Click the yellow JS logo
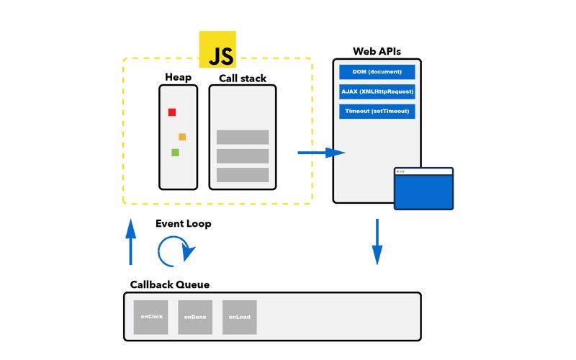point(217,50)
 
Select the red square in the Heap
point(172,112)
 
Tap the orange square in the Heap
point(182,137)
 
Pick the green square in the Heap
point(175,153)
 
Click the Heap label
point(178,78)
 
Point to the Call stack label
point(242,78)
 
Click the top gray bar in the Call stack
point(243,137)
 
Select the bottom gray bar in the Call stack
point(243,174)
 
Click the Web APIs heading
point(377,51)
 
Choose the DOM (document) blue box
point(377,72)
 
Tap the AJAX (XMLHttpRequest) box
point(377,91)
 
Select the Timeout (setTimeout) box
point(377,112)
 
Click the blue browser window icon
point(423,189)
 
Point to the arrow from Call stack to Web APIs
point(321,153)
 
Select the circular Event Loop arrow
point(175,251)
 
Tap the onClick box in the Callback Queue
point(150,317)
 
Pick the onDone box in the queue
point(195,317)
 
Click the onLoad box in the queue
point(240,317)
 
